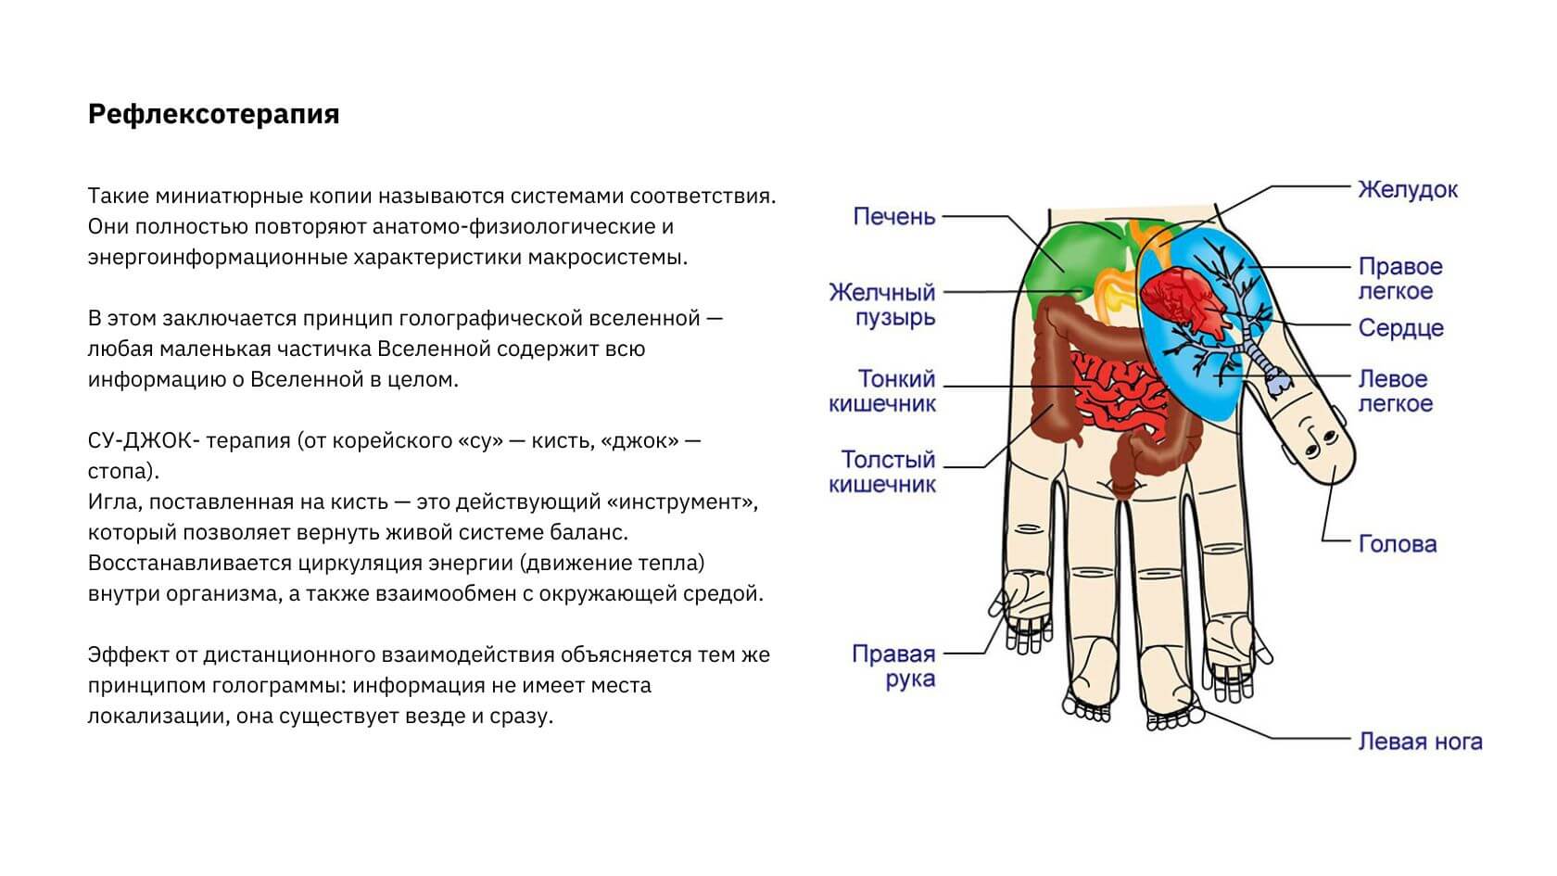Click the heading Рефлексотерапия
[x=213, y=114]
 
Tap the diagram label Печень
[x=893, y=217]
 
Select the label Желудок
[x=1407, y=190]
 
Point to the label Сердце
[x=1400, y=328]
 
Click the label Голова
[x=1397, y=544]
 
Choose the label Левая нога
[x=1419, y=742]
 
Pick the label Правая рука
[x=893, y=667]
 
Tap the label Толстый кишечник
[x=881, y=472]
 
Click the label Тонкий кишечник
[x=881, y=391]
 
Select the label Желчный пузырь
[x=881, y=305]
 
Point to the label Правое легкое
[x=1399, y=279]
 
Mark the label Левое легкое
[x=1395, y=391]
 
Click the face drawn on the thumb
[x=1316, y=436]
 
